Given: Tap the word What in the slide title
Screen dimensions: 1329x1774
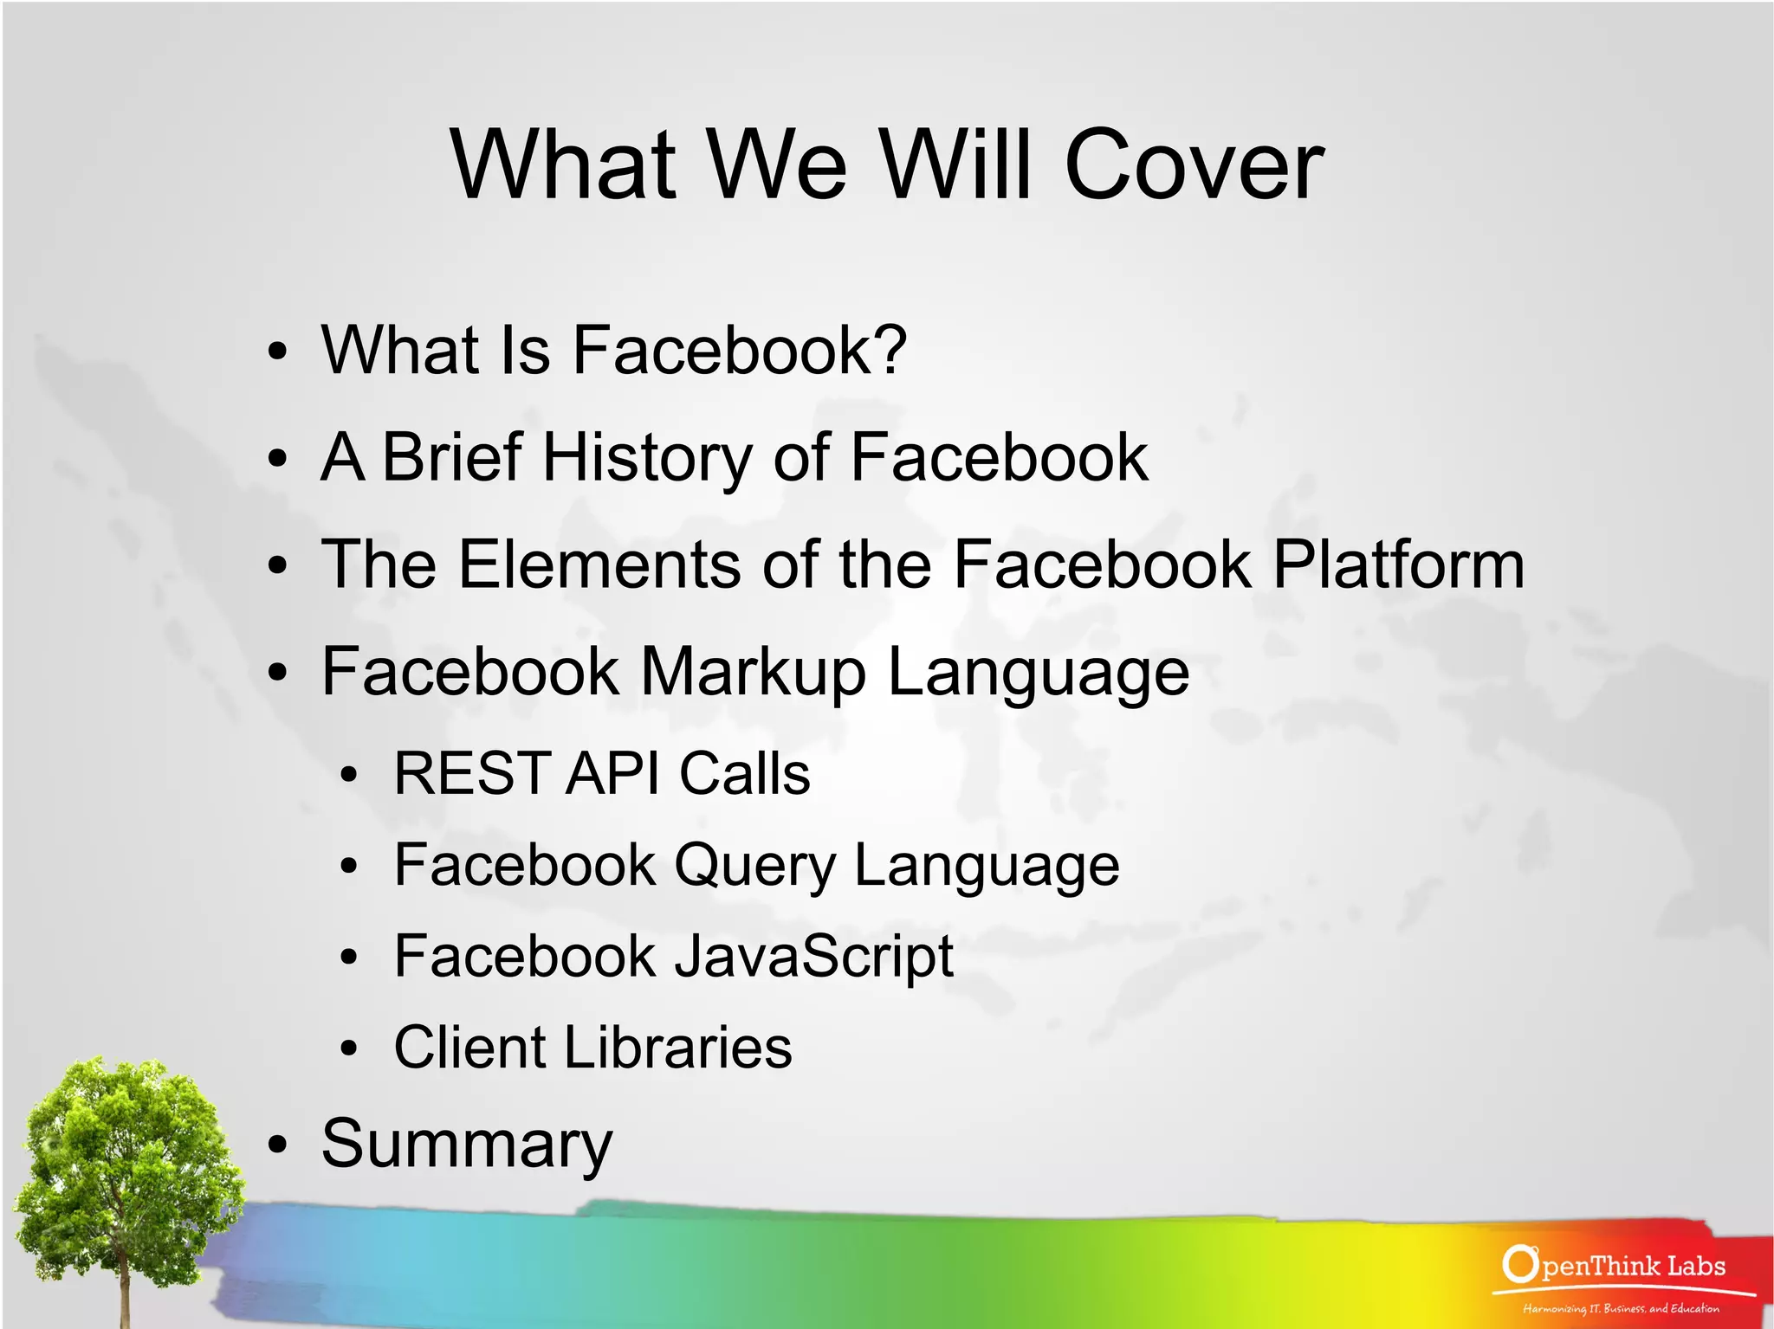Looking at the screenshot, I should coord(563,165).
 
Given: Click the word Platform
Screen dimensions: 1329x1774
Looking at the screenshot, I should coord(1398,565).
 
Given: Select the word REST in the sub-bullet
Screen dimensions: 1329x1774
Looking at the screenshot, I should coord(472,772).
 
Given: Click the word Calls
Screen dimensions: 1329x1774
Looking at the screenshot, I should coord(744,772).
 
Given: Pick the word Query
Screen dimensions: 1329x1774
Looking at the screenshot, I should coord(754,866).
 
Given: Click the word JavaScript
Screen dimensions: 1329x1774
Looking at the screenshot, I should coord(813,958).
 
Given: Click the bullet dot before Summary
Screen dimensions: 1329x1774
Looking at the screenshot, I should coord(277,1145).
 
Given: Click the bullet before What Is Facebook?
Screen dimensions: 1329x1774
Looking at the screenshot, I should coord(277,352).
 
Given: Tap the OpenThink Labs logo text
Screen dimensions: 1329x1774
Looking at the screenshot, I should coord(1615,1265).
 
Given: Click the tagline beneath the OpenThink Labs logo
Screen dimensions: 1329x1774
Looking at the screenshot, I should coord(1621,1309).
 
